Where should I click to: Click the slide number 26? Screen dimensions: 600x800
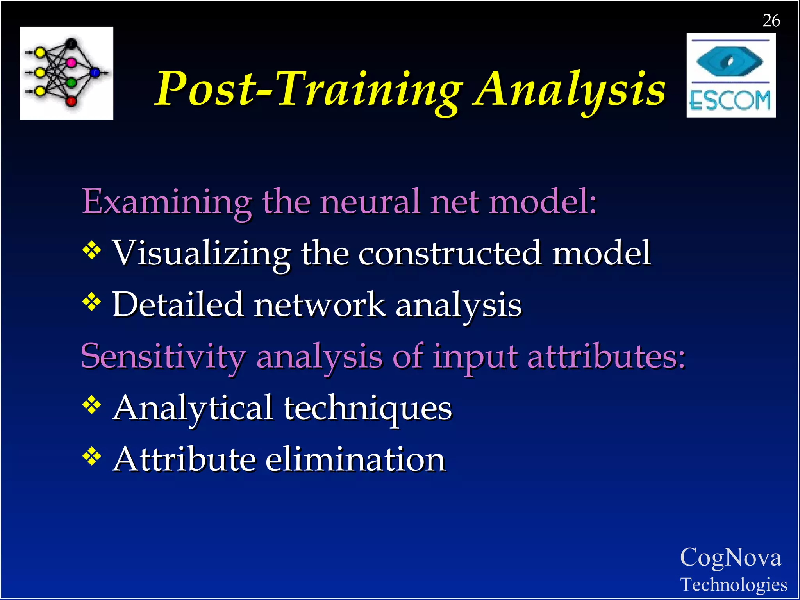click(x=771, y=20)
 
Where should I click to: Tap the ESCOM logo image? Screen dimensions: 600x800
click(x=731, y=75)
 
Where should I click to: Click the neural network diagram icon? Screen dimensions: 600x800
click(x=66, y=73)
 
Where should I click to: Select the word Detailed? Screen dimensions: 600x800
click(x=178, y=304)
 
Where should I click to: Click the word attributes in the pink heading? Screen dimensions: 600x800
click(x=606, y=356)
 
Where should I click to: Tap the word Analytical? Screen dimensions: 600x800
click(x=193, y=408)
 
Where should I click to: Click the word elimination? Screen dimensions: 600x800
click(x=355, y=459)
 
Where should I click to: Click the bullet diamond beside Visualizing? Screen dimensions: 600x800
click(x=92, y=250)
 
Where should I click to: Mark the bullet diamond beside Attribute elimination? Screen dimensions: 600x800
click(x=92, y=456)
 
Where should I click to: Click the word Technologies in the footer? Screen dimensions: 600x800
click(x=734, y=584)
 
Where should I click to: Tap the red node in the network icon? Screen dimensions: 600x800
click(x=71, y=102)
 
